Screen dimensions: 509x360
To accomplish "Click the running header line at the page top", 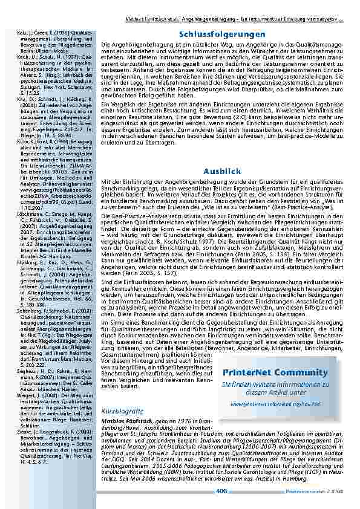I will coord(230,4).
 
